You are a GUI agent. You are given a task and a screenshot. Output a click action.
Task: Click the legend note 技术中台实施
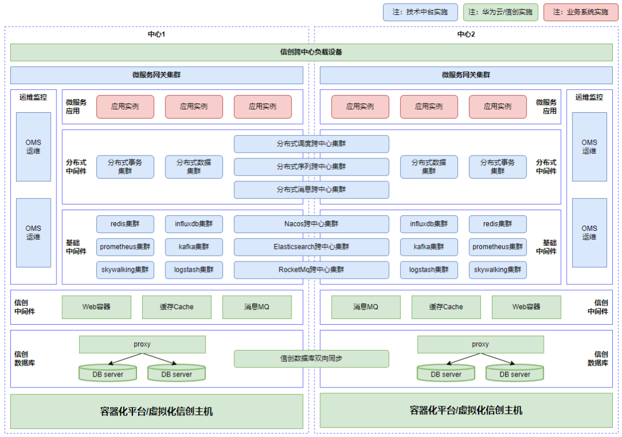[x=420, y=12]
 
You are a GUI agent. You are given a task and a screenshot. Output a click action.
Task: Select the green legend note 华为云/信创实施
[x=500, y=12]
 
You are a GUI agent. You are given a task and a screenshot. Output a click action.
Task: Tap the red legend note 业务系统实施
[x=581, y=12]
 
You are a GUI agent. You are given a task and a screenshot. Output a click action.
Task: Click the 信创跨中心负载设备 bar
[x=311, y=52]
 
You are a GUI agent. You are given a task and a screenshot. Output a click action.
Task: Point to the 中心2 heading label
[x=466, y=35]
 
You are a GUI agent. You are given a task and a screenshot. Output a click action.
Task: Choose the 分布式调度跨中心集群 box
[x=311, y=144]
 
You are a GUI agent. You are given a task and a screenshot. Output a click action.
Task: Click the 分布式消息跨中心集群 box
[x=311, y=189]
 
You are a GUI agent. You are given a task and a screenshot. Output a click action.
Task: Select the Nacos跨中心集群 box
[x=311, y=224]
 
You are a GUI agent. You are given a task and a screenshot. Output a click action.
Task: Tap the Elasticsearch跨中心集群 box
[x=311, y=247]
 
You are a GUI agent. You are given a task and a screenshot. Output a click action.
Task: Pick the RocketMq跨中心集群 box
[x=311, y=269]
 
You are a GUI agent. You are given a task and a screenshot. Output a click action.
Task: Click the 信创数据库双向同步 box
[x=311, y=358]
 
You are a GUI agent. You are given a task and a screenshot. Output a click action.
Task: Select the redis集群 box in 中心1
[x=125, y=224]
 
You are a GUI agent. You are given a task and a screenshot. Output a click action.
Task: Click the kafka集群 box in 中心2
[x=429, y=247]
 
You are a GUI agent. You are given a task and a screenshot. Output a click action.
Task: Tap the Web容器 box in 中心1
[x=97, y=307]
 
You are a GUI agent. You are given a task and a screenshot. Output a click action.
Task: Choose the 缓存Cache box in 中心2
[x=446, y=307]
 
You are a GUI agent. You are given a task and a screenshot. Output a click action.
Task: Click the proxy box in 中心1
[x=142, y=344]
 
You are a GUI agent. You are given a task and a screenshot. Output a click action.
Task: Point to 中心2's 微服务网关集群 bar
[x=466, y=75]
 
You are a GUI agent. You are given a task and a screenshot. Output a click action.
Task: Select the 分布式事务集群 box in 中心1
[x=125, y=166]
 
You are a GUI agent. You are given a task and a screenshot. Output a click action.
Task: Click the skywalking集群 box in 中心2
[x=498, y=269]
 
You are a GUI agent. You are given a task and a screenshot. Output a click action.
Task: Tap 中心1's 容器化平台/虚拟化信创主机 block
[x=157, y=411]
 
